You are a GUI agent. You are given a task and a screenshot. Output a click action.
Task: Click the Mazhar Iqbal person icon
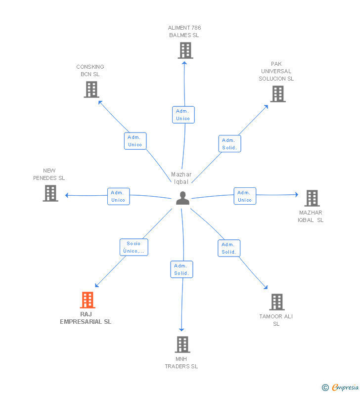[182, 198]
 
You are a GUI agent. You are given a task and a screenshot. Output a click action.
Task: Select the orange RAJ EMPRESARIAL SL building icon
[87, 300]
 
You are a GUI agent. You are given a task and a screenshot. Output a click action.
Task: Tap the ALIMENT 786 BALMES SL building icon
[185, 50]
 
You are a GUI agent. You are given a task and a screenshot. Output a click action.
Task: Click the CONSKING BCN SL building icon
[91, 89]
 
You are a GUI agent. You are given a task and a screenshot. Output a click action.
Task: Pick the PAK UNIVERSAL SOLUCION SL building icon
[277, 94]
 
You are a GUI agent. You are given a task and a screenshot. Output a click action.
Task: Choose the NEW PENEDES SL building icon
[50, 193]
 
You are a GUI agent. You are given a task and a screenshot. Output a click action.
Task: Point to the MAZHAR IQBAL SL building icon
[312, 198]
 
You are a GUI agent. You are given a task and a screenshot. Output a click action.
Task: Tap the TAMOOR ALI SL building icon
[276, 302]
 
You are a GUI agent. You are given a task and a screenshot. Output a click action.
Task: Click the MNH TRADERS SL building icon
[182, 345]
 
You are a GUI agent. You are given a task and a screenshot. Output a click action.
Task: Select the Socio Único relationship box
[134, 247]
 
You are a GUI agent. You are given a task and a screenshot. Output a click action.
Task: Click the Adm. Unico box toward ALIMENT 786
[183, 115]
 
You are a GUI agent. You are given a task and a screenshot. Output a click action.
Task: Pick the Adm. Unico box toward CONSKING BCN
[135, 141]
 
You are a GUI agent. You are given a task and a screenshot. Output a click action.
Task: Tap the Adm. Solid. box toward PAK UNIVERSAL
[229, 144]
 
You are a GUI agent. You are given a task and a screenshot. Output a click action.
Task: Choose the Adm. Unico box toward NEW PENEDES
[118, 196]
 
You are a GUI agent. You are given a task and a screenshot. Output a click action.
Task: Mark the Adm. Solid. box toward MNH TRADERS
[181, 269]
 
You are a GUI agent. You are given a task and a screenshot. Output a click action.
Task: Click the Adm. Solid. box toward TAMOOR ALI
[228, 248]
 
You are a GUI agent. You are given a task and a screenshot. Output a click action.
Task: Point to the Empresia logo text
[345, 388]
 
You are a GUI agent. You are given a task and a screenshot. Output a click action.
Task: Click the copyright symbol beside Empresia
[325, 388]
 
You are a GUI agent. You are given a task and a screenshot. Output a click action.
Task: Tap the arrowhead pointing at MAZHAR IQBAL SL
[296, 195]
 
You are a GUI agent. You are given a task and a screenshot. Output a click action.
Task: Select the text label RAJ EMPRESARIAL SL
[86, 318]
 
